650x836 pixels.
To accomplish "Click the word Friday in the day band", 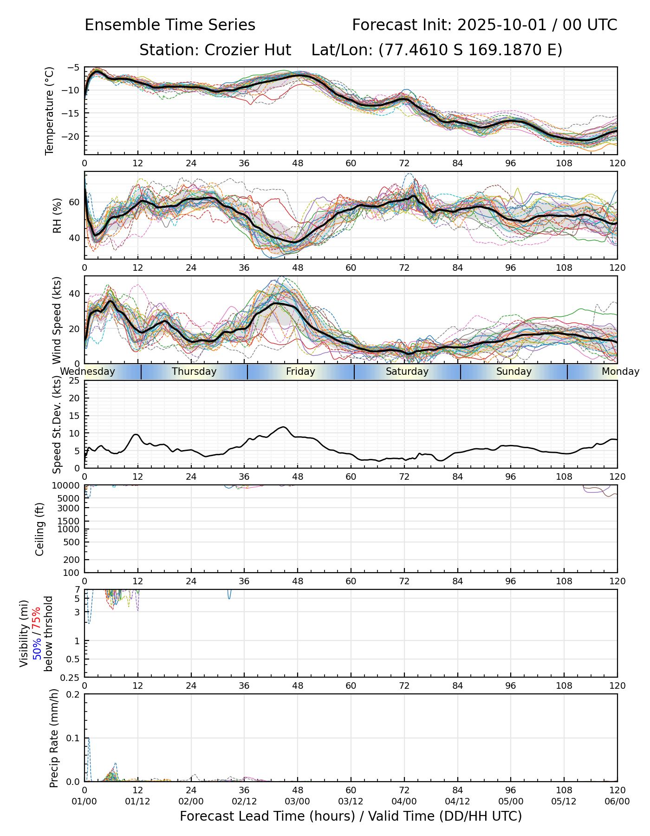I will click(300, 372).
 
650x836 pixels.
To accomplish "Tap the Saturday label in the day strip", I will click(407, 372).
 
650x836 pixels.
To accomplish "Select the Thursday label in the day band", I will click(194, 372).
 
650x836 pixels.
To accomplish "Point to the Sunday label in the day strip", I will click(513, 372).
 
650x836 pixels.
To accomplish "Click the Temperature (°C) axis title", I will click(50, 111).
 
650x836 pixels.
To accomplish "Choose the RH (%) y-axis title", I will click(57, 215).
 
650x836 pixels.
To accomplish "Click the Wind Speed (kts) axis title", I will click(57, 320).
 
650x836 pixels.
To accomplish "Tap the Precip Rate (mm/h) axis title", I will click(54, 738).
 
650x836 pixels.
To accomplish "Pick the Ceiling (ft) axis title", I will click(40, 529).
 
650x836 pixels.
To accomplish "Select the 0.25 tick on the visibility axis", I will click(71, 677).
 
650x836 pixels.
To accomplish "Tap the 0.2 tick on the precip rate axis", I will click(73, 694).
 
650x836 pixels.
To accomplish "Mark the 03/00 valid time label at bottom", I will click(298, 801).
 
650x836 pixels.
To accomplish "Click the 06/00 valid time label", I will click(617, 801).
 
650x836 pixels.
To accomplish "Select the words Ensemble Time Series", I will click(170, 25).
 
